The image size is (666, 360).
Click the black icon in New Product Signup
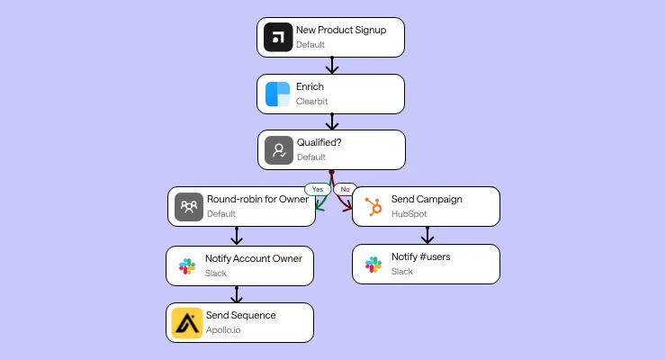(278, 37)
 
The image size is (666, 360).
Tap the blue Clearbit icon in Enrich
(278, 94)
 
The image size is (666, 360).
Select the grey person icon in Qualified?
(278, 150)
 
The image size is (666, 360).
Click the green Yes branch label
(316, 190)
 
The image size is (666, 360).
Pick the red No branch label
(343, 190)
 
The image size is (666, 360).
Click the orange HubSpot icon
(372, 207)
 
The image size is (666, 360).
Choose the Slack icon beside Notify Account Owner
(186, 265)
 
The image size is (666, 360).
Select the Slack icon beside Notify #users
(372, 265)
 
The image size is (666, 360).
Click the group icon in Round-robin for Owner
(188, 207)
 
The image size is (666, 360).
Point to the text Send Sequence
(240, 316)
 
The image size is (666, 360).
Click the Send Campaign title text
(427, 199)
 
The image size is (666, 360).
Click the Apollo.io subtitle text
(223, 330)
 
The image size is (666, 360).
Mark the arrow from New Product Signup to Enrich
(332, 66)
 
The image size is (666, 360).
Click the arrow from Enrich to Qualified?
(332, 122)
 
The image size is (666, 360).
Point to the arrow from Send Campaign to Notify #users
(427, 236)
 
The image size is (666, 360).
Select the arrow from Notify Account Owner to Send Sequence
(237, 294)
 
